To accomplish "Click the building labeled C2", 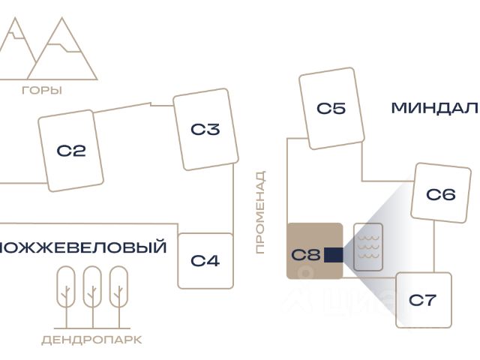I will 71,151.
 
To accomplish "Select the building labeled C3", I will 205,130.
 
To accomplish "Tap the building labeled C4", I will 205,261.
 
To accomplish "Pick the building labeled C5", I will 331,108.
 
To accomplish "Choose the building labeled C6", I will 441,194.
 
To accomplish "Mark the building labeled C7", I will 423,300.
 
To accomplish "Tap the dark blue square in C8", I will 334,255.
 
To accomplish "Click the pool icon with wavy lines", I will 368,246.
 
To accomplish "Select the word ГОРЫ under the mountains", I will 42,91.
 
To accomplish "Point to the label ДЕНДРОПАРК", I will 91,340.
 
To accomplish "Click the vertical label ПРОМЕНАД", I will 260,212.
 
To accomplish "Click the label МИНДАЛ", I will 433,108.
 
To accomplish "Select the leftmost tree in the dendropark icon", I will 65,287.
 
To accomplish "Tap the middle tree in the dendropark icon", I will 91,287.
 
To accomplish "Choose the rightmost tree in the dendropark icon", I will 118,287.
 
